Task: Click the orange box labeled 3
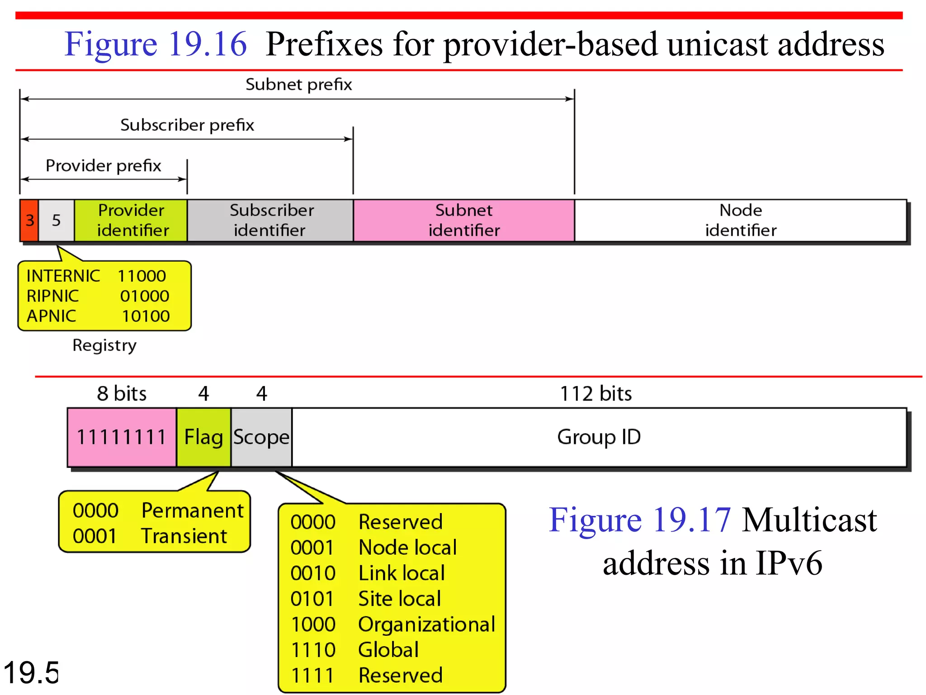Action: pos(29,220)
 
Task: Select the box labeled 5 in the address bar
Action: pos(57,220)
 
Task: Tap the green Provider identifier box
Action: pos(131,220)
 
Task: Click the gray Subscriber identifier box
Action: pos(270,220)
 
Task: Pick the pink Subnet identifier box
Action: pos(464,220)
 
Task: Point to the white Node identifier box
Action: pos(740,220)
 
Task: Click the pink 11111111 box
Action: pos(122,437)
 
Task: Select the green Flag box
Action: pos(203,437)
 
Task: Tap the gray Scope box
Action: pos(261,437)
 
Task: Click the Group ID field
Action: pos(599,437)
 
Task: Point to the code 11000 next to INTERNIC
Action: pos(142,276)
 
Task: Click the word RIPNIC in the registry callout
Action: pos(53,296)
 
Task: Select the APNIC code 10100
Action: pos(146,316)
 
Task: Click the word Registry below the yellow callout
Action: pos(104,345)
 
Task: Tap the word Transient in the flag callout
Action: pos(184,536)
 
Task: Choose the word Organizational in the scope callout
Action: pos(426,624)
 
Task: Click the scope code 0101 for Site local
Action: pos(312,599)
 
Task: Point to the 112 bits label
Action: pos(595,394)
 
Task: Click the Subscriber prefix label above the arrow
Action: pos(187,125)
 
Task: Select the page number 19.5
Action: pos(31,673)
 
